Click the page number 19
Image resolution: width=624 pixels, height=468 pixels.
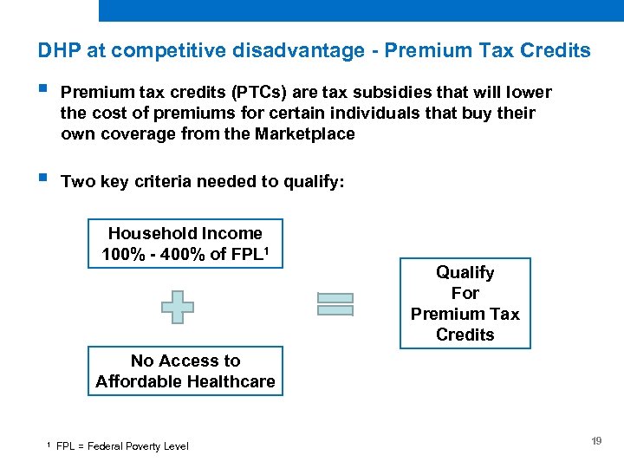(x=596, y=442)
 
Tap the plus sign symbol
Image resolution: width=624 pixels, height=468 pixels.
(x=178, y=307)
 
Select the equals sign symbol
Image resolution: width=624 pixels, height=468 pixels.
(x=335, y=304)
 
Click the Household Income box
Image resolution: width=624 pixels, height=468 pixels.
(x=185, y=244)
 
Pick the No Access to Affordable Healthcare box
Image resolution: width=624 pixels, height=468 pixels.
(x=185, y=371)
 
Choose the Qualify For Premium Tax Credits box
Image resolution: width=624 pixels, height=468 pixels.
(x=465, y=303)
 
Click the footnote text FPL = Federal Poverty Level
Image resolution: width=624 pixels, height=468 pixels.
(x=122, y=446)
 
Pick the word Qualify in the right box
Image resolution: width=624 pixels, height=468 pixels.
(x=465, y=272)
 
